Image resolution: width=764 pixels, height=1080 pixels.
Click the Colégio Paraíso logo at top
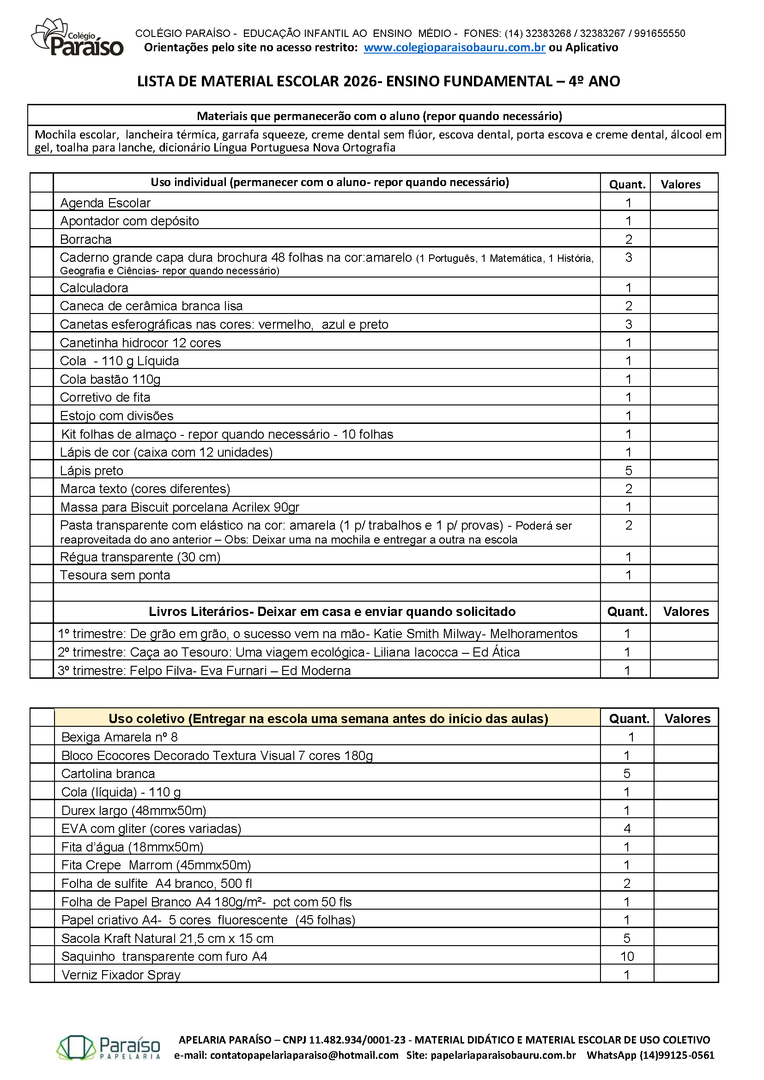[77, 37]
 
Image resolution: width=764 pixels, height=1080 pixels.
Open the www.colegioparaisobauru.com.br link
[455, 48]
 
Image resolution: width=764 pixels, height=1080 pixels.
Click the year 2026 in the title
[360, 81]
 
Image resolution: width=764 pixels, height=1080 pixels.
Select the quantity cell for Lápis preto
[628, 471]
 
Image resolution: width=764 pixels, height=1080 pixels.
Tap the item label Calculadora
[94, 288]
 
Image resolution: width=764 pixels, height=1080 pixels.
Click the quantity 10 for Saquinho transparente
[627, 956]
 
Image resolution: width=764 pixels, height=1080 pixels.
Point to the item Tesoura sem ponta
[115, 575]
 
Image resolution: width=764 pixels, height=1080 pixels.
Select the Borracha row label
[86, 240]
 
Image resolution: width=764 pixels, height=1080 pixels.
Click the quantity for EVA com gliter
[627, 828]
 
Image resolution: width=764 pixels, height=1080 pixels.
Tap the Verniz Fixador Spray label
[121, 975]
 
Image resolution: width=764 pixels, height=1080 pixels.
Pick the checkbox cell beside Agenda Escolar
[42, 203]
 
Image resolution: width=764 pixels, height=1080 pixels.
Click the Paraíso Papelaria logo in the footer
[109, 1047]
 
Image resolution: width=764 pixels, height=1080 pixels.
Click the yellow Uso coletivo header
[328, 719]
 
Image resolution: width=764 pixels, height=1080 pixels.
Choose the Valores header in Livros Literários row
[686, 611]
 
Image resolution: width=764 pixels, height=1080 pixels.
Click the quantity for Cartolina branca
[627, 774]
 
